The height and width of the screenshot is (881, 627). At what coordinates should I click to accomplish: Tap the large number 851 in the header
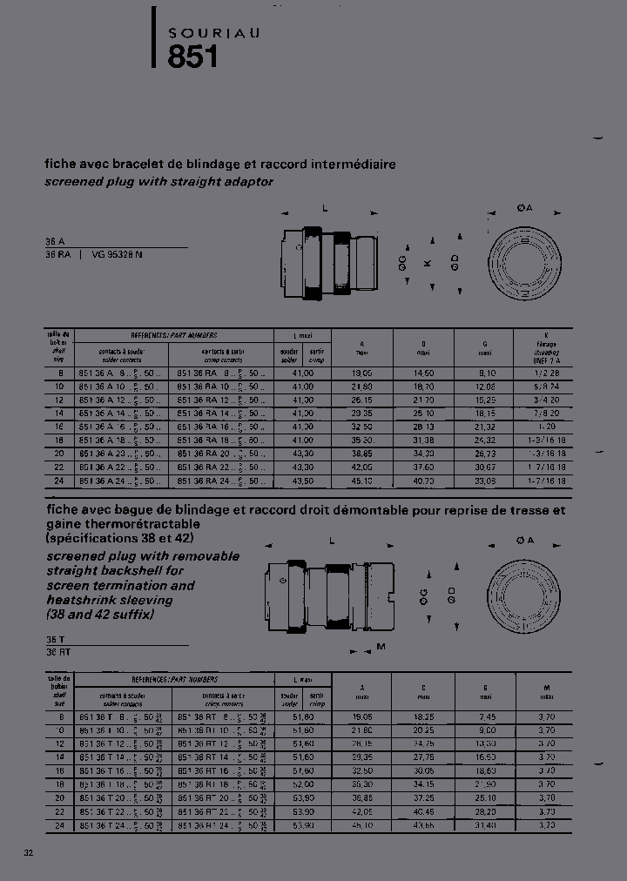pyautogui.click(x=192, y=56)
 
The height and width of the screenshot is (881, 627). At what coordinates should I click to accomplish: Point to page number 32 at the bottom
pyautogui.click(x=29, y=851)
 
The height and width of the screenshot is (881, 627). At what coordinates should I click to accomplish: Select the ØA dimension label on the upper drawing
pyautogui.click(x=524, y=207)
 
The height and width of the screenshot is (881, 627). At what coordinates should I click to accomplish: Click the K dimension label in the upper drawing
pyautogui.click(x=427, y=263)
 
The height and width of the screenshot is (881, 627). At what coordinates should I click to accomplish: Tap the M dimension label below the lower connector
pyautogui.click(x=380, y=646)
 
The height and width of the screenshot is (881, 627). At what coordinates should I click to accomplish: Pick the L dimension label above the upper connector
pyautogui.click(x=324, y=207)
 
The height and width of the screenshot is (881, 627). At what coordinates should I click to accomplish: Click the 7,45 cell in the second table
pyautogui.click(x=485, y=716)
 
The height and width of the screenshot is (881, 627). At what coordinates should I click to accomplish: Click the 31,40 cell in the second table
pyautogui.click(x=485, y=824)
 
